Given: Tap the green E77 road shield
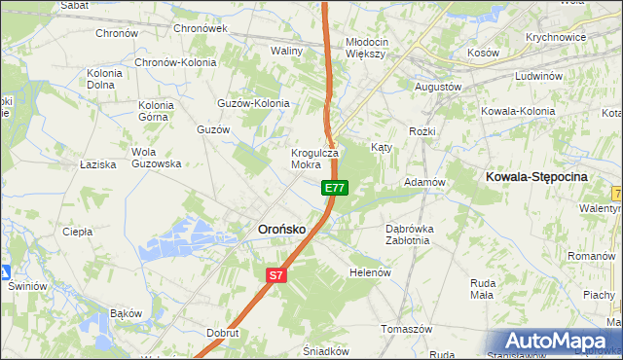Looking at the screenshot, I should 334,187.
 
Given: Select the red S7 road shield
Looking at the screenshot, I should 276,275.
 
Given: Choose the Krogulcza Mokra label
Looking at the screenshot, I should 313,159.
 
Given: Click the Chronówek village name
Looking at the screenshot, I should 200,28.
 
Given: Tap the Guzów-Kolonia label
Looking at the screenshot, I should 254,103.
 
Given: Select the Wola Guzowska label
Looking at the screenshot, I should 157,158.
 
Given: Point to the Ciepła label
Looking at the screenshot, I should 77,232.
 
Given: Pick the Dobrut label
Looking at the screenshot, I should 223,332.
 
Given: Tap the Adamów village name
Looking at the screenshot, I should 424,182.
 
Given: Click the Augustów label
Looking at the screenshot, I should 437,87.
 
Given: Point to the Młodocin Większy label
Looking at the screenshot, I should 367,48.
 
